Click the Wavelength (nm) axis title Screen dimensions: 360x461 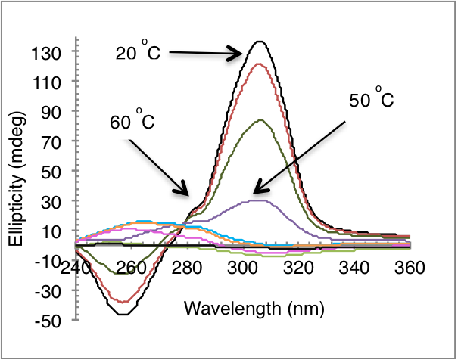click(x=243, y=309)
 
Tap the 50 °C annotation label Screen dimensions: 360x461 click(x=371, y=100)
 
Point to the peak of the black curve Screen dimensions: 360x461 click(x=260, y=42)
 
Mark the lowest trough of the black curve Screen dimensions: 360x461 click(x=126, y=313)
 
